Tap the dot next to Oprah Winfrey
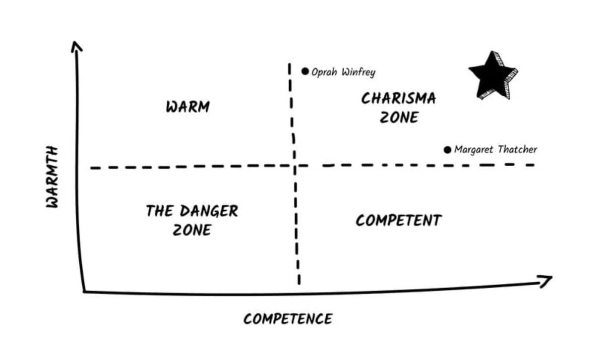pos(305,71)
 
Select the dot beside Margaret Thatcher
pos(447,150)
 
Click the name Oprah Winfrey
pos(343,72)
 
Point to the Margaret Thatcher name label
pos(495,149)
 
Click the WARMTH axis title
pos(52,177)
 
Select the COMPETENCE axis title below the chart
pos(288,319)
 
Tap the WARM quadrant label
pos(188,107)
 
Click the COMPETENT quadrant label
pos(399,220)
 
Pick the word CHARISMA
pos(398,99)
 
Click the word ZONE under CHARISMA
pos(399,118)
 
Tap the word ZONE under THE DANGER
pos(192,230)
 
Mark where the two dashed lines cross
pos(295,166)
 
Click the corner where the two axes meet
pos(84,292)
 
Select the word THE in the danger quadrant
pos(159,211)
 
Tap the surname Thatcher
pos(517,149)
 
